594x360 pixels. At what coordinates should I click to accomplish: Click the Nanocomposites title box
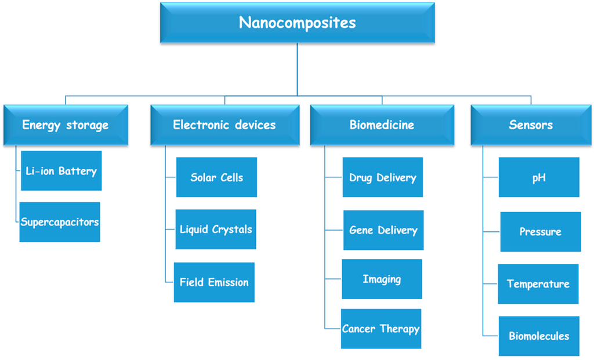click(x=297, y=23)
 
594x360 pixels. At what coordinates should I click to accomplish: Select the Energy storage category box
click(x=66, y=125)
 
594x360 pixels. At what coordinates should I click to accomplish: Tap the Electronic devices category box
click(x=224, y=125)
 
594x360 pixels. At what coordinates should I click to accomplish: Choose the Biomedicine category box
click(x=382, y=125)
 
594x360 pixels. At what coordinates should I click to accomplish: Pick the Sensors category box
click(x=531, y=125)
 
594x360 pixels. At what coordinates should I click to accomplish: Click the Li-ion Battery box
click(x=61, y=171)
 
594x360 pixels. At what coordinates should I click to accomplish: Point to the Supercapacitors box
click(x=60, y=222)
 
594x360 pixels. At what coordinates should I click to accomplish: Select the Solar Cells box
click(x=216, y=177)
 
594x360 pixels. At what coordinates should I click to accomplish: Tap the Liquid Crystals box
click(x=216, y=230)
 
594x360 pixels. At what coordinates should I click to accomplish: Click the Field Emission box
click(x=214, y=282)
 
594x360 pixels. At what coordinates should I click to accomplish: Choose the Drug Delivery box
click(x=383, y=177)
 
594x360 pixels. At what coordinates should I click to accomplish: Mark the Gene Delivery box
click(x=383, y=230)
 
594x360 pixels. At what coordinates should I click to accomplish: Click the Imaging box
click(x=382, y=279)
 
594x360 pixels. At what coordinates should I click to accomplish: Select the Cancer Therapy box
click(x=381, y=329)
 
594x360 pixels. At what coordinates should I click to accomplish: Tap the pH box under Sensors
click(x=539, y=177)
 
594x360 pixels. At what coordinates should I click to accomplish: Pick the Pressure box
click(x=541, y=232)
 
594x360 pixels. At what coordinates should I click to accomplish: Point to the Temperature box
click(x=538, y=284)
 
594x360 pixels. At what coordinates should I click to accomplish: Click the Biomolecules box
click(x=539, y=336)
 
